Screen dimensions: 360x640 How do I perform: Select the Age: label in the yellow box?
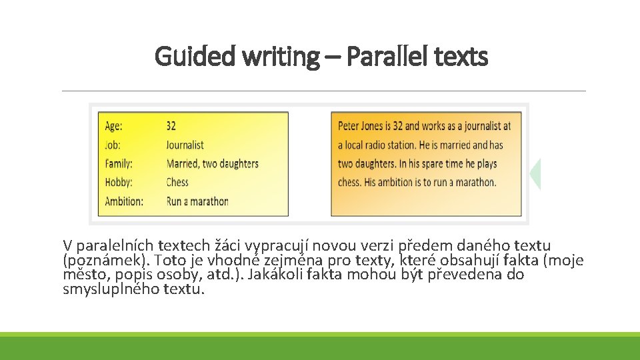[x=113, y=126]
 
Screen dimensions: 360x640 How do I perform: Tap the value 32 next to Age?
[x=171, y=126]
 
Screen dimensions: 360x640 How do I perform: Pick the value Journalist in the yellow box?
[x=185, y=145]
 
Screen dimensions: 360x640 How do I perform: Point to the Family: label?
[x=119, y=163]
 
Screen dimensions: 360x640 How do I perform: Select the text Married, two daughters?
[x=212, y=163]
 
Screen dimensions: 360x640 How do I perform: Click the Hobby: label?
[x=119, y=182]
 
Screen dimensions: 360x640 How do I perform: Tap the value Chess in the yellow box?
[x=177, y=182]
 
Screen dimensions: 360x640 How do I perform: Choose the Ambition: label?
[x=124, y=201]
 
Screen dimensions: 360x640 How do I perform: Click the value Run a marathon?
[x=197, y=201]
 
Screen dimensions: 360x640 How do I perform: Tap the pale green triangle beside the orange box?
[x=535, y=174]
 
